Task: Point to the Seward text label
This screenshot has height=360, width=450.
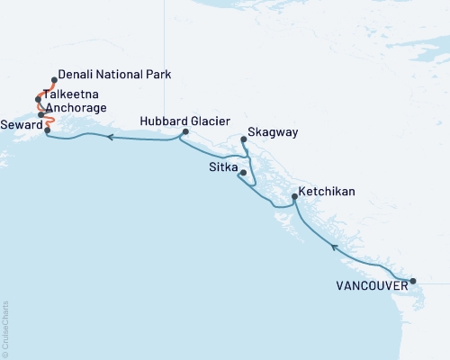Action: pos(22,124)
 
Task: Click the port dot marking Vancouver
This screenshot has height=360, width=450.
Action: pos(413,282)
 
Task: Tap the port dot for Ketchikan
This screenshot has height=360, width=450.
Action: pos(295,197)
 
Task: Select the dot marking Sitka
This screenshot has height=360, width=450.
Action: pos(243,172)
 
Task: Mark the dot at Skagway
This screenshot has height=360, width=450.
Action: pos(244,139)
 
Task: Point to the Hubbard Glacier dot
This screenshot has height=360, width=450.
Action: pos(184,132)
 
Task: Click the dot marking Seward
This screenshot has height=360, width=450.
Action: pos(47,130)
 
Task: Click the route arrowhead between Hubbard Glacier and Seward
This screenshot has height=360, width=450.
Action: pos(109,138)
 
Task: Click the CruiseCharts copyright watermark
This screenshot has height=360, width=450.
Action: pos(5,325)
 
